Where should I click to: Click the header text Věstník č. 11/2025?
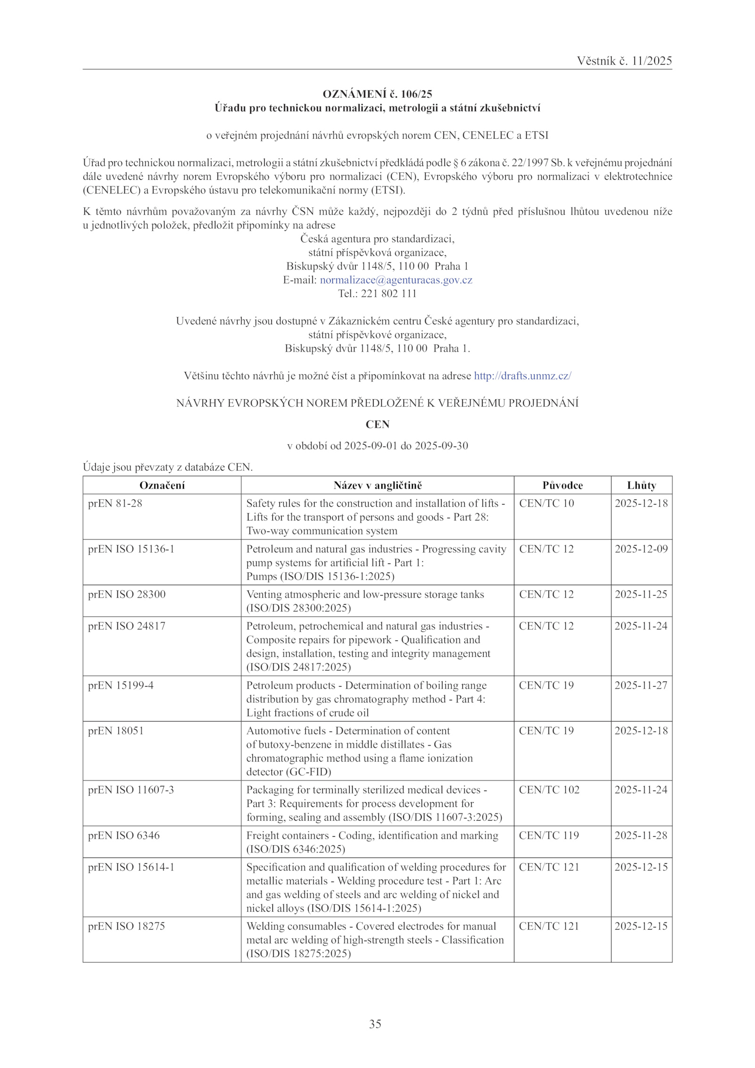click(x=624, y=61)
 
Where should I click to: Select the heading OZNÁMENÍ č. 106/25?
click(x=377, y=94)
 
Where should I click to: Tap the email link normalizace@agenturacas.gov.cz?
click(x=396, y=280)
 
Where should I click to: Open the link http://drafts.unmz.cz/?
click(x=522, y=376)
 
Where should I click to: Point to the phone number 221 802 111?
click(x=388, y=294)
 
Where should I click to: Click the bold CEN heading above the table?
click(x=377, y=424)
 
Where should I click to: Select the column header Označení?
click(x=162, y=485)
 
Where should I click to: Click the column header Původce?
click(x=562, y=485)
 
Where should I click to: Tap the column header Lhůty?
click(x=641, y=485)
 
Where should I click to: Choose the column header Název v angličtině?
click(x=377, y=485)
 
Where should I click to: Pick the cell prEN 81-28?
click(x=115, y=504)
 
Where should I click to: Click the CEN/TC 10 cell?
click(x=546, y=504)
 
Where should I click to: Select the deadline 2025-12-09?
click(x=641, y=549)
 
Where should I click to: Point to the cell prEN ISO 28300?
click(x=126, y=594)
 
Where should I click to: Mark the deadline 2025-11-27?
click(x=641, y=685)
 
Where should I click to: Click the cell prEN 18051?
click(x=116, y=731)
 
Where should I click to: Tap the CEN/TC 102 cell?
click(x=549, y=790)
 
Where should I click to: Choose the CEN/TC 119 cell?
click(x=549, y=835)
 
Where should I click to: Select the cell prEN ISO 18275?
click(x=126, y=926)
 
